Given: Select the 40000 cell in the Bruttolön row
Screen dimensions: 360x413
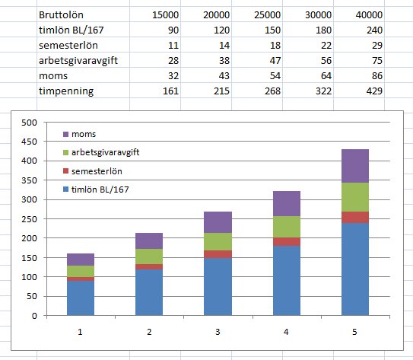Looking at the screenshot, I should [368, 15].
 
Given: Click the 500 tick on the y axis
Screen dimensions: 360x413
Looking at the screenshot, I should [30, 123].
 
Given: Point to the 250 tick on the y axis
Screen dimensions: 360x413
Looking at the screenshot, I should [30, 219].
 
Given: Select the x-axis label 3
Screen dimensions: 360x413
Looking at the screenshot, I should [218, 332].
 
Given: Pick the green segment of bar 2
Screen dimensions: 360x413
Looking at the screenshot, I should [149, 256].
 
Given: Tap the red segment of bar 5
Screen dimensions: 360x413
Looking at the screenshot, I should [355, 217].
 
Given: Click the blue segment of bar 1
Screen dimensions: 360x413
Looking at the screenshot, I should [81, 298].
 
